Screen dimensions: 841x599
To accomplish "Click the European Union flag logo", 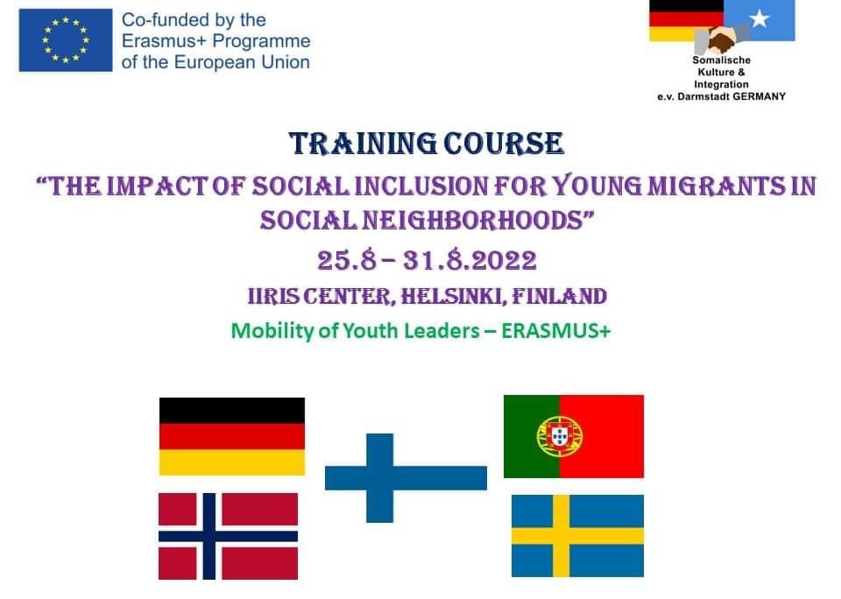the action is click(66, 40).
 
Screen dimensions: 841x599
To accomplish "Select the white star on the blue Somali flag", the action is click(760, 19).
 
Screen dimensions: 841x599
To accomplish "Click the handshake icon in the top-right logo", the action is click(722, 39).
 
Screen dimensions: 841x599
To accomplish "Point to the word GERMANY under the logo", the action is click(759, 96).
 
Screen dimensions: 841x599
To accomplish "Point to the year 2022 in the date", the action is click(505, 261).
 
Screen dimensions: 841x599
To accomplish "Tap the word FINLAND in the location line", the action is click(560, 296).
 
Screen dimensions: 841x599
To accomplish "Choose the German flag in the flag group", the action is click(232, 436).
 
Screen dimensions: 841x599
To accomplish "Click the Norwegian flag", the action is click(228, 536).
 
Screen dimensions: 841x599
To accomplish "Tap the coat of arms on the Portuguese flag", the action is click(560, 436).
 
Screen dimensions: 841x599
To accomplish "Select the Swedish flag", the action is click(577, 536).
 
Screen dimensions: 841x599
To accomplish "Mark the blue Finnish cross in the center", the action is click(379, 478).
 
